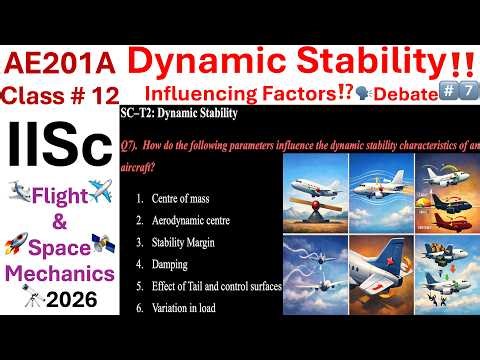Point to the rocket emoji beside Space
(x=17, y=245)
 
